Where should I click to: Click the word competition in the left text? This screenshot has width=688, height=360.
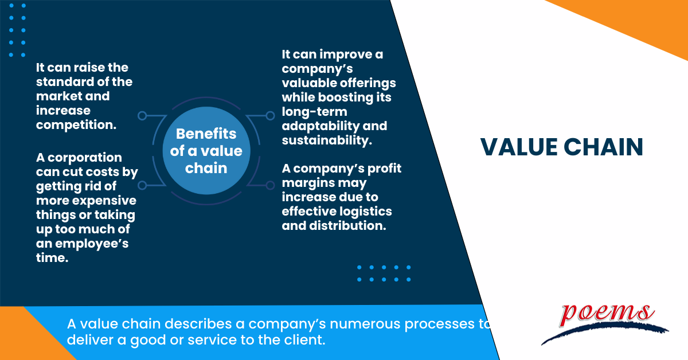pyautogui.click(x=75, y=124)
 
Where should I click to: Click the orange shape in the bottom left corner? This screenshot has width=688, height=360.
pyautogui.click(x=26, y=338)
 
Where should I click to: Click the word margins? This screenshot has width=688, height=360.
pyautogui.click(x=306, y=183)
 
